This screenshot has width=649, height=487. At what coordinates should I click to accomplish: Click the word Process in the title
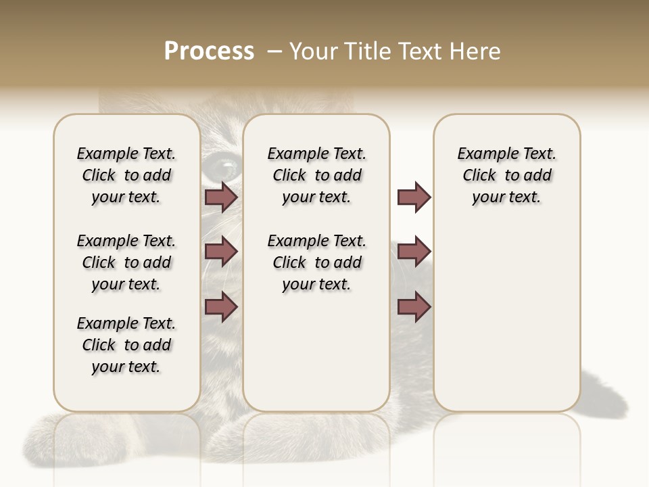pyautogui.click(x=209, y=51)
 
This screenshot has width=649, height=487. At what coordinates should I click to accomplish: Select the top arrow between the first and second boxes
pyautogui.click(x=221, y=198)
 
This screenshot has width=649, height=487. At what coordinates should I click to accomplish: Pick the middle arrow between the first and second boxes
pyautogui.click(x=221, y=252)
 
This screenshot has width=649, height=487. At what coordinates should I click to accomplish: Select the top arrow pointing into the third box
pyautogui.click(x=414, y=198)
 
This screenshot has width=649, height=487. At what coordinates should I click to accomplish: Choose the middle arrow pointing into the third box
pyautogui.click(x=414, y=252)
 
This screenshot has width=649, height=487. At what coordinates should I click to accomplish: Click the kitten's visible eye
pyautogui.click(x=222, y=164)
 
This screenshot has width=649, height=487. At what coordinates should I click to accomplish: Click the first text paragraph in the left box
pyautogui.click(x=126, y=175)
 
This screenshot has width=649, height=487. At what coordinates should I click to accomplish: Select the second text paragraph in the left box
pyautogui.click(x=126, y=262)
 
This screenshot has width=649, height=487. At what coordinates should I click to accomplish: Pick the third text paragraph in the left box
pyautogui.click(x=126, y=345)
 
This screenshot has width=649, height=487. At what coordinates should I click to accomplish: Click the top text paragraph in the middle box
pyautogui.click(x=316, y=175)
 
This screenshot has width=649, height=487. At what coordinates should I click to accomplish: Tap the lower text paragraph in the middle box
pyautogui.click(x=316, y=262)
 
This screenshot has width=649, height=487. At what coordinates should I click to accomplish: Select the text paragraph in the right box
pyautogui.click(x=507, y=175)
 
